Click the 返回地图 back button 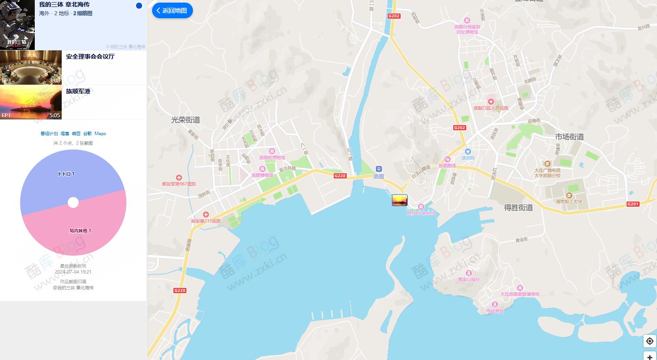(172, 10)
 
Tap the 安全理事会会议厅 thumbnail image (31, 67)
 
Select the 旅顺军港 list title (78, 91)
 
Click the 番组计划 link (49, 134)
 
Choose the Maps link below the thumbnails (100, 134)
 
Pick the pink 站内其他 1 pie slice (80, 230)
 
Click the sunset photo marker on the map (399, 200)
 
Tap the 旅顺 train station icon (379, 169)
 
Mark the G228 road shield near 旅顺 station (340, 176)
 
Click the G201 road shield (633, 204)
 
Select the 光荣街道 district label (186, 120)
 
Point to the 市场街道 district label (569, 137)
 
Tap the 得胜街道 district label (518, 208)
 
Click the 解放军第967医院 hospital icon (179, 178)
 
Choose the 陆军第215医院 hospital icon (206, 215)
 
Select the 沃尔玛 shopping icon (468, 152)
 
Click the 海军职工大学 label (569, 201)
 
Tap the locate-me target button (649, 341)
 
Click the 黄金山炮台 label (468, 279)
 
